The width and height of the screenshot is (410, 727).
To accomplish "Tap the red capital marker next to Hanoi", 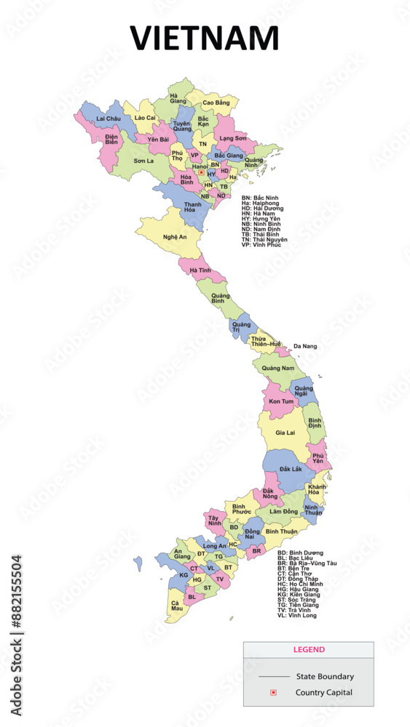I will point(201,172).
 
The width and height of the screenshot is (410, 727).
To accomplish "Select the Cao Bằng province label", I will point(216,103).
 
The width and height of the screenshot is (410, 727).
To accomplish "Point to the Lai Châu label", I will point(109,118).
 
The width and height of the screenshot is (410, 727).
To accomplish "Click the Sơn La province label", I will point(143,160).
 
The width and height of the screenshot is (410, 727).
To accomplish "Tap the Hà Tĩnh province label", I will point(200,270).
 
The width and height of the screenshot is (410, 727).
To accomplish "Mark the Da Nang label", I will point(305,347).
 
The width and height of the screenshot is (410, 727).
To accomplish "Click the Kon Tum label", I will point(281,401).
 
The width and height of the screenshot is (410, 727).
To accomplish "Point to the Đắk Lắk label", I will point(290,469).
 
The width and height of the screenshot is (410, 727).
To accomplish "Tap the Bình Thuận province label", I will point(281,532).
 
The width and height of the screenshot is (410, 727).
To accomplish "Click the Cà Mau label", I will point(176,606).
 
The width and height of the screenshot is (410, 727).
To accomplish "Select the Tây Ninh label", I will point(214,521).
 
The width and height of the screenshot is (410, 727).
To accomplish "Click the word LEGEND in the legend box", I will point(309,649).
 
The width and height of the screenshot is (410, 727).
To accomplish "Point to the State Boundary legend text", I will point(325,676).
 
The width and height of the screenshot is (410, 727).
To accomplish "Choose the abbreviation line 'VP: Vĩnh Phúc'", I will point(261,244).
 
